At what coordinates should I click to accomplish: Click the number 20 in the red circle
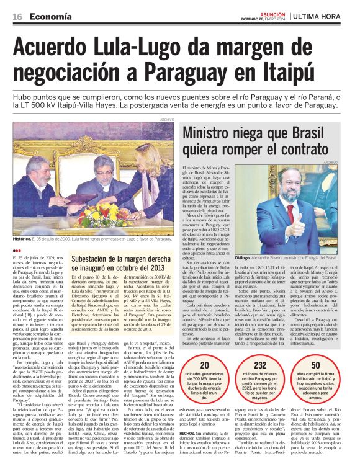[205, 365]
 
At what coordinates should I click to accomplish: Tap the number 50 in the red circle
[316, 365]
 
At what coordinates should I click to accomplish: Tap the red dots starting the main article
[16, 249]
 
